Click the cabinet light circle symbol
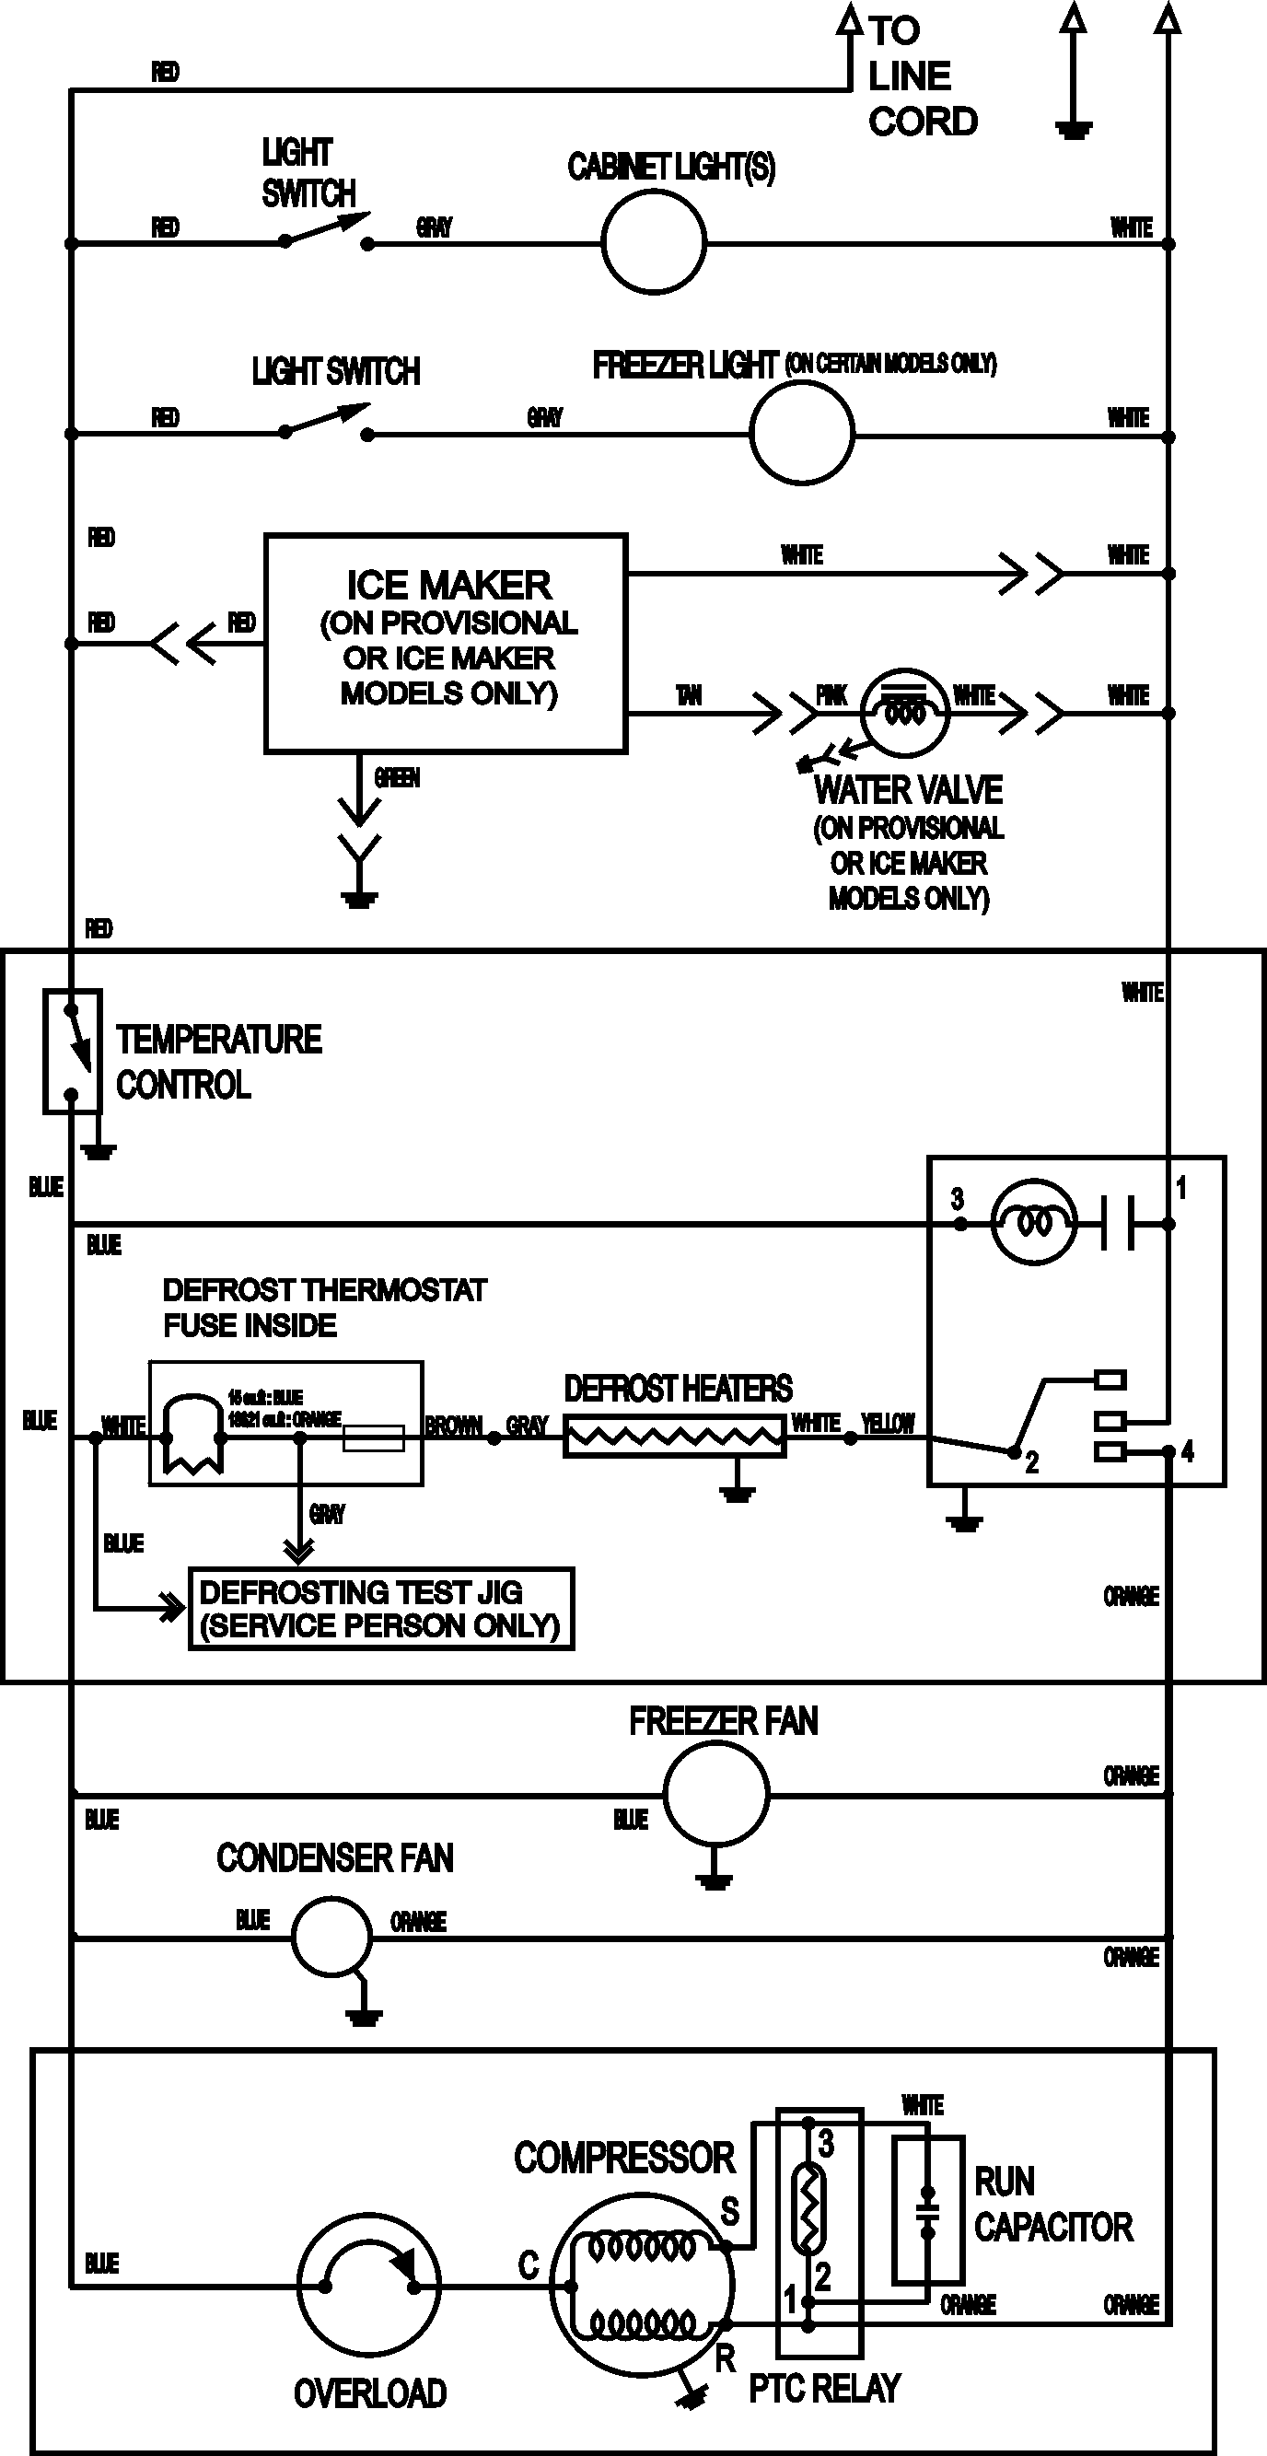tap(654, 242)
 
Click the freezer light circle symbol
tap(802, 433)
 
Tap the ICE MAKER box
tap(447, 644)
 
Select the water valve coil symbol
tap(905, 712)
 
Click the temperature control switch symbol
tap(73, 1051)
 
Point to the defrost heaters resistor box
tap(675, 1437)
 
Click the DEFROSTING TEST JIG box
tap(381, 1609)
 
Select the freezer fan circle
tap(715, 1793)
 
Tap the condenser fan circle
tap(331, 1937)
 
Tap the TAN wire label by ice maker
tap(689, 696)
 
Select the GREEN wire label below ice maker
tap(397, 778)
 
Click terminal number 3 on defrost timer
tap(958, 1198)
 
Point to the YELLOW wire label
tap(888, 1424)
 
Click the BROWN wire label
tap(454, 1426)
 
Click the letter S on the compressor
tap(729, 2210)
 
